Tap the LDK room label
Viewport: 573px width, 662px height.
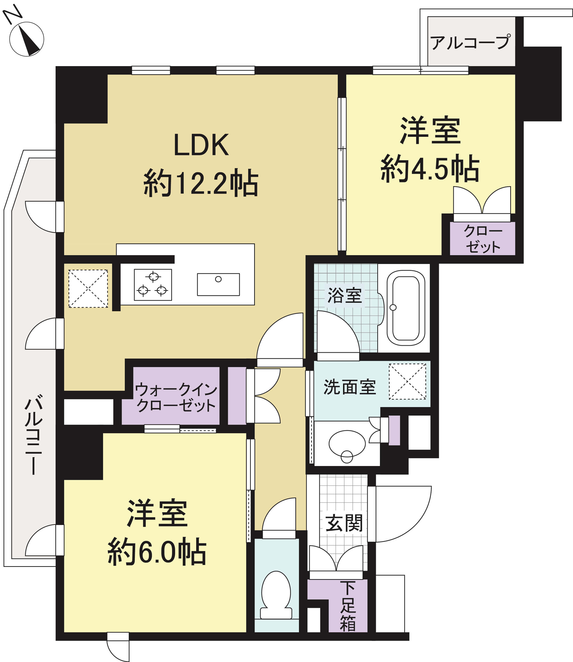pyautogui.click(x=201, y=145)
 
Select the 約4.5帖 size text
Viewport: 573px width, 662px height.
pyautogui.click(x=430, y=168)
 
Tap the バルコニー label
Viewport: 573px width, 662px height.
pyautogui.click(x=34, y=435)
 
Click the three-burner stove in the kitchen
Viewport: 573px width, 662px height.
pyautogui.click(x=153, y=285)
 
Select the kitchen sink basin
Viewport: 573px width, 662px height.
pyautogui.click(x=218, y=284)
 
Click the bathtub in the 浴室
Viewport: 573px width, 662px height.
pyautogui.click(x=406, y=308)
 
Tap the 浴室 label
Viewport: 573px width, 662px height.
pyautogui.click(x=344, y=295)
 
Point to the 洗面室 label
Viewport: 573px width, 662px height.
pyautogui.click(x=350, y=387)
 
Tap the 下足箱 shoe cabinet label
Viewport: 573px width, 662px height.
pyautogui.click(x=348, y=606)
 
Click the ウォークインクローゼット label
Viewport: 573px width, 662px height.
pyautogui.click(x=176, y=397)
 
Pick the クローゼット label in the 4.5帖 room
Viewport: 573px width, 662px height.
pyautogui.click(x=483, y=239)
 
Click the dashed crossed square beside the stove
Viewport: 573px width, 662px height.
pyautogui.click(x=88, y=288)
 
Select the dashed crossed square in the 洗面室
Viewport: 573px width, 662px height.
pyautogui.click(x=408, y=381)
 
